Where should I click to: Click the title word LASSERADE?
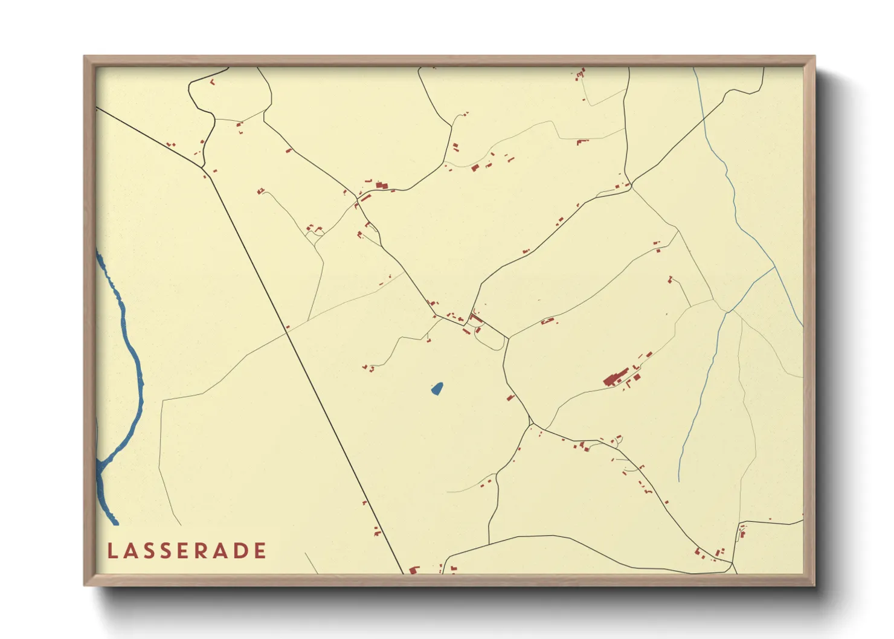click(x=187, y=551)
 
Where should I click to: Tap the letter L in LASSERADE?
click(x=112, y=551)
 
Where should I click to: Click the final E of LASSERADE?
click(x=260, y=551)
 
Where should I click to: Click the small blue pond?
click(x=437, y=388)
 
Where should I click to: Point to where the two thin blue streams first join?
click(x=775, y=266)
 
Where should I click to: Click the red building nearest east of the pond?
click(x=510, y=397)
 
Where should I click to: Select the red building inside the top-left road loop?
click(x=213, y=82)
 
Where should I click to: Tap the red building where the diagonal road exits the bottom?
click(x=414, y=570)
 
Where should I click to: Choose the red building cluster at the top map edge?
click(x=580, y=74)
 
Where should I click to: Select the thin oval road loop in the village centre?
click(x=489, y=338)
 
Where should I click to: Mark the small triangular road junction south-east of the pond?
click(x=532, y=421)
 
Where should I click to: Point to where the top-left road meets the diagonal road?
click(x=205, y=173)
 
